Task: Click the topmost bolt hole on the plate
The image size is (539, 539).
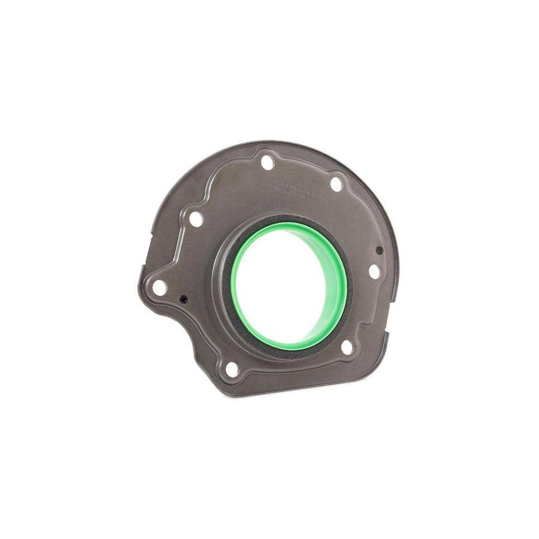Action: tap(268, 162)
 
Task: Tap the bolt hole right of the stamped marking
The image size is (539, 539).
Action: tap(337, 184)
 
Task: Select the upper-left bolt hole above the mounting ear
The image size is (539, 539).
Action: tap(196, 219)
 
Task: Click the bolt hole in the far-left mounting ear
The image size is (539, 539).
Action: tap(159, 287)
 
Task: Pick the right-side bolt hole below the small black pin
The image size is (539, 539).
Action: tap(374, 271)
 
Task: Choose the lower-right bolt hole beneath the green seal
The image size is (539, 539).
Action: tap(346, 347)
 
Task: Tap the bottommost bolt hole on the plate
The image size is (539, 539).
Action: tap(232, 370)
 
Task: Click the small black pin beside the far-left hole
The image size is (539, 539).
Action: tap(183, 299)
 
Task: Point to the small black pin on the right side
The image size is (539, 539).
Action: tap(379, 250)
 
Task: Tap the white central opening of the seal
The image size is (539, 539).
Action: tap(281, 281)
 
